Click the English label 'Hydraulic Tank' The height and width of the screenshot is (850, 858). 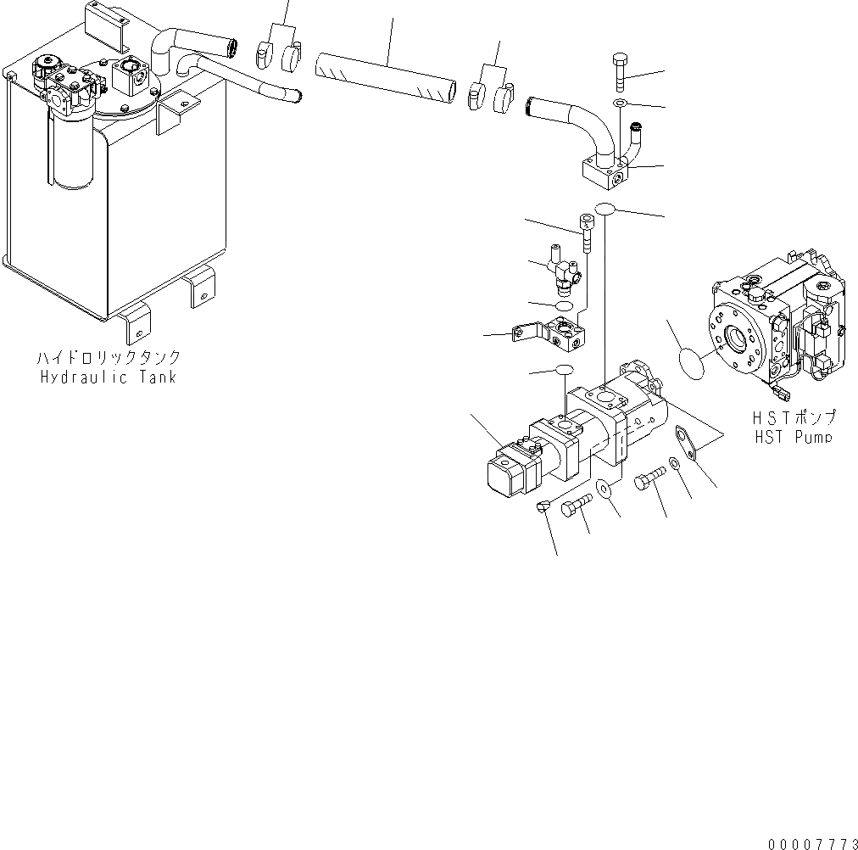tap(109, 377)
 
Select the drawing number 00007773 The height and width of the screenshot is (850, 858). tap(812, 843)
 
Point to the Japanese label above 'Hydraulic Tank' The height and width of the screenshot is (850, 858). tap(109, 358)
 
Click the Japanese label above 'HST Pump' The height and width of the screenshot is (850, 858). tap(793, 417)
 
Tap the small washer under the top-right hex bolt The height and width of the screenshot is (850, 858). tap(619, 103)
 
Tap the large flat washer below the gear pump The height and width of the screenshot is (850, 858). tap(604, 489)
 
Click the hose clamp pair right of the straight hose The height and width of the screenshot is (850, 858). tap(489, 94)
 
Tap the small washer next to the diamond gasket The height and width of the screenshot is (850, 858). tap(672, 463)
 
